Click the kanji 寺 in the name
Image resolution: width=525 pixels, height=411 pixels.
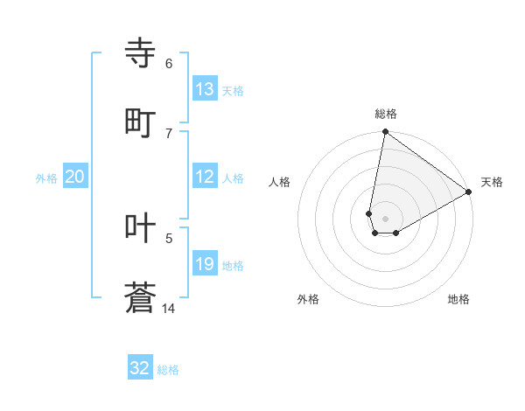(x=141, y=53)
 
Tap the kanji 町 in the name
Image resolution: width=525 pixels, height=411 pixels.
(x=141, y=123)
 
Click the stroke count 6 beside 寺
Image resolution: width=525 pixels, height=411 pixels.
(x=168, y=63)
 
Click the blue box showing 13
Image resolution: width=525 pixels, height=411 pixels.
(x=204, y=89)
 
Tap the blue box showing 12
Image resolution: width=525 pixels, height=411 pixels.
(x=204, y=177)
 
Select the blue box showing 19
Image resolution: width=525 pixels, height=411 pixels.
(x=204, y=264)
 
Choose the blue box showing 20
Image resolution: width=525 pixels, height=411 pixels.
(x=75, y=177)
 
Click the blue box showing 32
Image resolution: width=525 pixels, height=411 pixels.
(x=140, y=368)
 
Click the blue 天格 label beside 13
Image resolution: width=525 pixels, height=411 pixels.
(x=233, y=91)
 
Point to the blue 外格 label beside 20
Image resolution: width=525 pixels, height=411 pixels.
(x=46, y=178)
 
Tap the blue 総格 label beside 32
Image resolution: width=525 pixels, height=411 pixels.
(x=168, y=370)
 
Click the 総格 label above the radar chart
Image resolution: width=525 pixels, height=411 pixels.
(x=386, y=114)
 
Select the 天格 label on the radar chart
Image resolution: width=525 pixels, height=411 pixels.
(x=493, y=182)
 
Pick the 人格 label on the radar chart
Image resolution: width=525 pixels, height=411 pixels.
(x=280, y=182)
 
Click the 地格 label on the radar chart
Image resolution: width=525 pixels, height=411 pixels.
(x=458, y=299)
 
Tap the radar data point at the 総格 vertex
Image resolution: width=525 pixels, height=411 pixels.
(x=385, y=133)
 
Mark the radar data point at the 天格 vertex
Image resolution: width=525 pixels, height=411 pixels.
(x=469, y=192)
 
